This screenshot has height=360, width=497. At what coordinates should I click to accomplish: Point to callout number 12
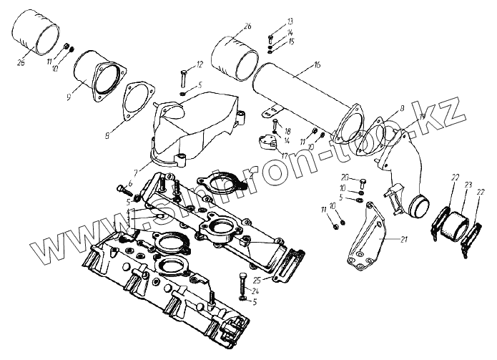pos(200,64)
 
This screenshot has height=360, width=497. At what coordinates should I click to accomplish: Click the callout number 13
pos(270,22)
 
